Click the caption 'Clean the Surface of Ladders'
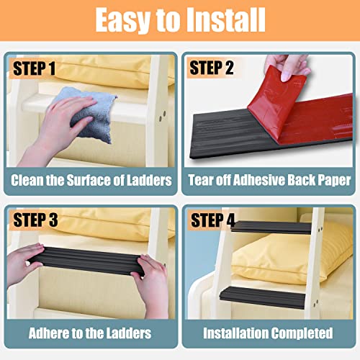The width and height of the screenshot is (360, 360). click(x=91, y=180)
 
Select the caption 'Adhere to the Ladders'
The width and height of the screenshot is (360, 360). click(x=91, y=333)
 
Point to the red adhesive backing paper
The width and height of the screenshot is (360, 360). click(x=288, y=108)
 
